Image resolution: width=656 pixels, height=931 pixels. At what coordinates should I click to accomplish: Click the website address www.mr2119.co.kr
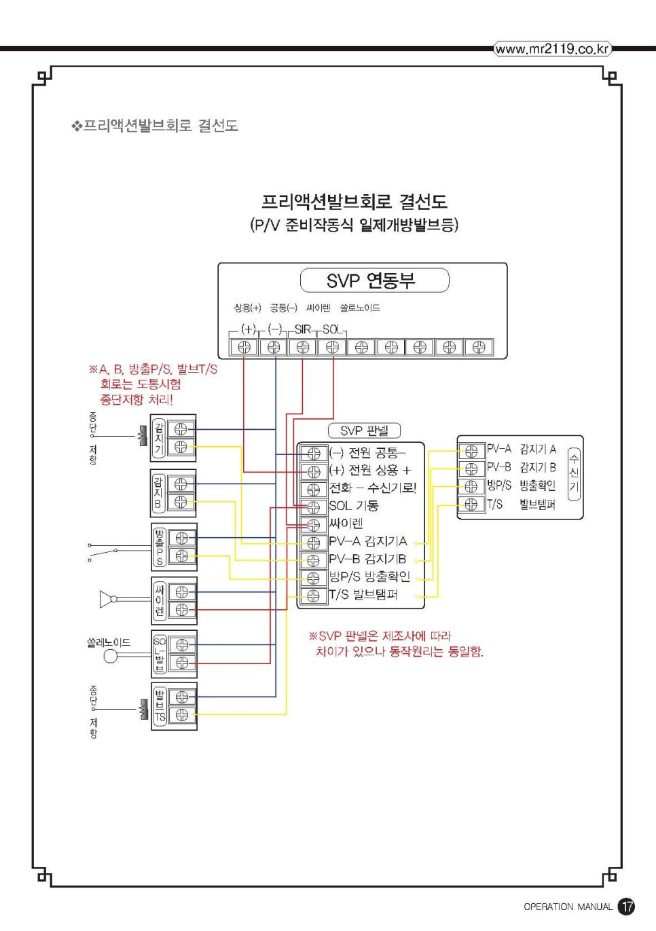[x=552, y=49]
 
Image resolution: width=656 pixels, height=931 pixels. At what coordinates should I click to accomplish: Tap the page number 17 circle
[x=626, y=906]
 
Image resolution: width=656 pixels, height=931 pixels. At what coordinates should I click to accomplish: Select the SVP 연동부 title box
[x=374, y=280]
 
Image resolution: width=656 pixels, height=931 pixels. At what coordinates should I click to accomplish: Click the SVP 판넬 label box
[x=364, y=431]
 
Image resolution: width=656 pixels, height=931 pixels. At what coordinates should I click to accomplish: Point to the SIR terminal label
[x=303, y=329]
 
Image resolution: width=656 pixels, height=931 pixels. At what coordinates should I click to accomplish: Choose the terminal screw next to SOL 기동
[x=313, y=507]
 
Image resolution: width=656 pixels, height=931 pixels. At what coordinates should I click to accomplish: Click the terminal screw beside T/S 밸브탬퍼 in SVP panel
[x=313, y=596]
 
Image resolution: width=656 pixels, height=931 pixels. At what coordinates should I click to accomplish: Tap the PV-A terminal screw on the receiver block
[x=471, y=451]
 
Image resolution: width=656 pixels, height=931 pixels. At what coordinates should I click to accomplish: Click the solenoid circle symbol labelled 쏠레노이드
[x=111, y=656]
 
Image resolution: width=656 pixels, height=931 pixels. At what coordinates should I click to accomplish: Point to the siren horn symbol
[x=107, y=599]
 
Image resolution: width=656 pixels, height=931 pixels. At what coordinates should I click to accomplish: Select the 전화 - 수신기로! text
[x=372, y=488]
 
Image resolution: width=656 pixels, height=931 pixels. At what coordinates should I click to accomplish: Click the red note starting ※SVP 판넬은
[x=396, y=644]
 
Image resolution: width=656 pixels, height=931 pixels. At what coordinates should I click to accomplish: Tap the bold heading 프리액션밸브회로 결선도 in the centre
[x=354, y=201]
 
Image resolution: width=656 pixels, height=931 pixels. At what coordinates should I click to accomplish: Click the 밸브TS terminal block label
[x=160, y=706]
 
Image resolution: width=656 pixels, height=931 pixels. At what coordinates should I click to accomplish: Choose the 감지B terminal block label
[x=158, y=493]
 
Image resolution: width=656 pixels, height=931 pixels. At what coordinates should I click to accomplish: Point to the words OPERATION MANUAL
[x=568, y=907]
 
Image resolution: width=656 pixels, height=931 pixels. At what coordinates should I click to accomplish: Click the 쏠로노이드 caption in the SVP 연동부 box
[x=360, y=308]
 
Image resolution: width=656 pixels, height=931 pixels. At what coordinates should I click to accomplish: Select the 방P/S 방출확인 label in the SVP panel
[x=369, y=577]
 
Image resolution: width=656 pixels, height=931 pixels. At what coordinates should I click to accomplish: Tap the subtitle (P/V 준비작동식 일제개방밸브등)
[x=354, y=225]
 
